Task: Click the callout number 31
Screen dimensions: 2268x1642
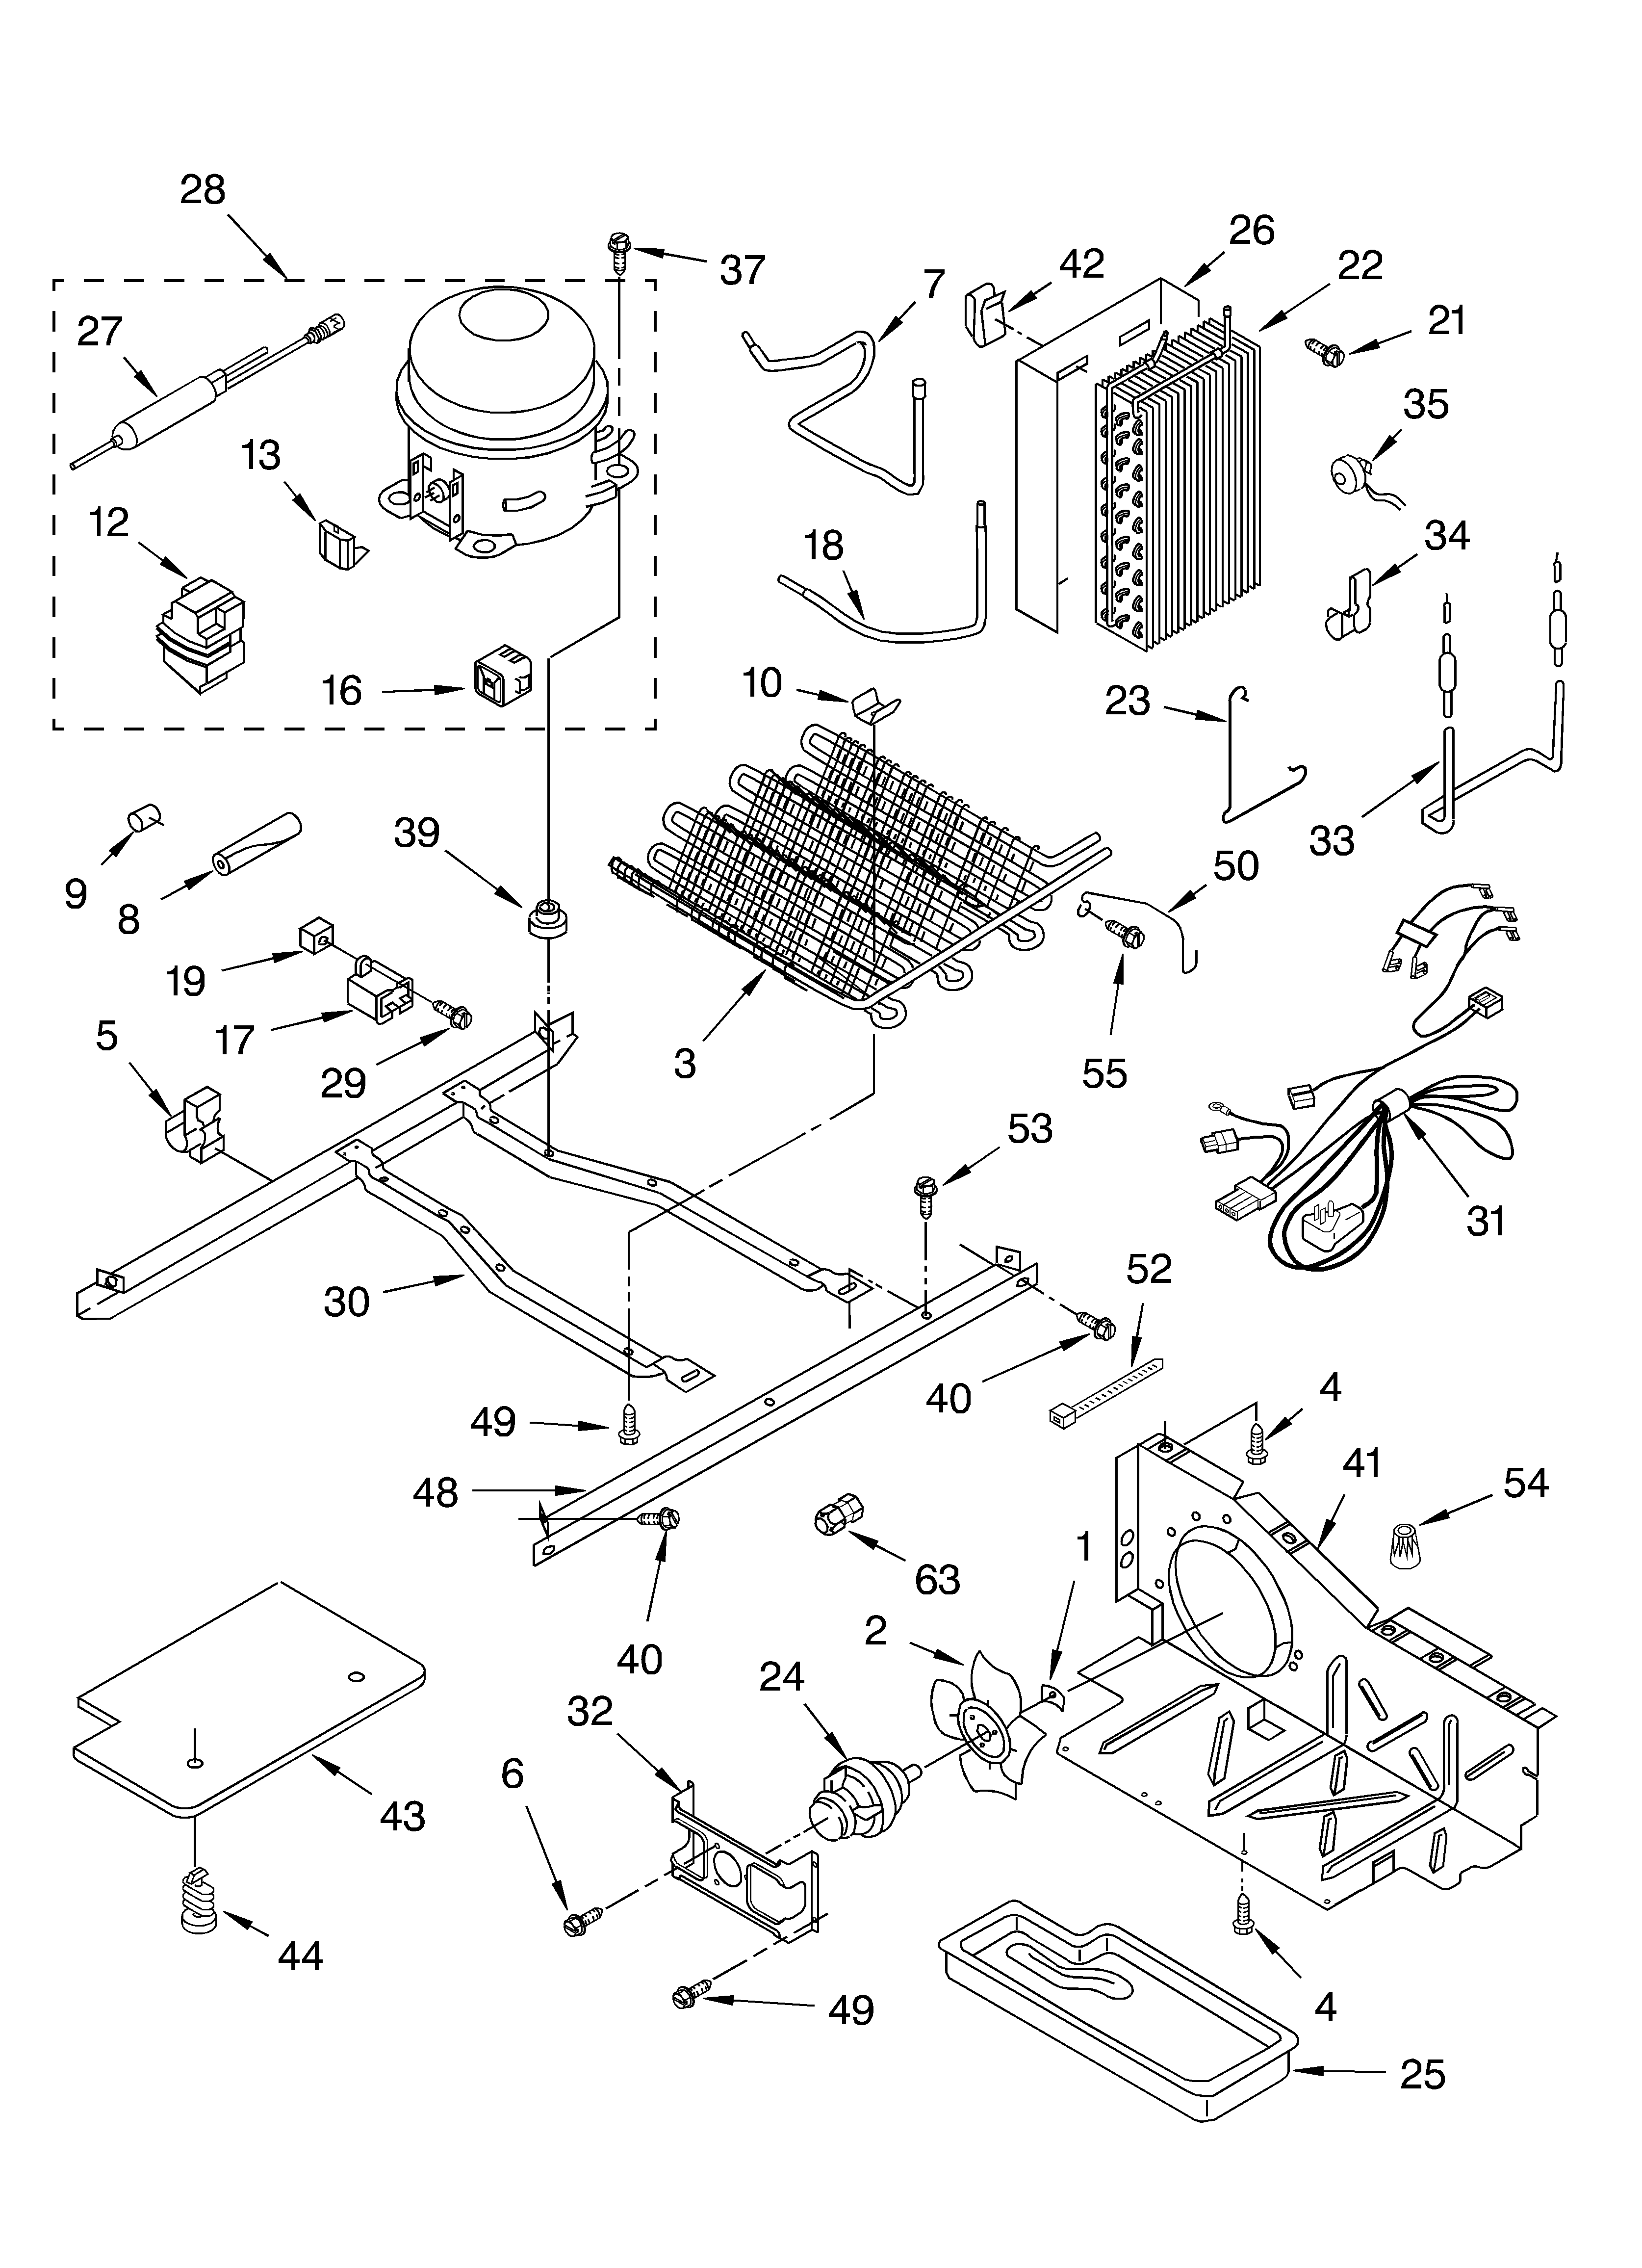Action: coord(1485,1220)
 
